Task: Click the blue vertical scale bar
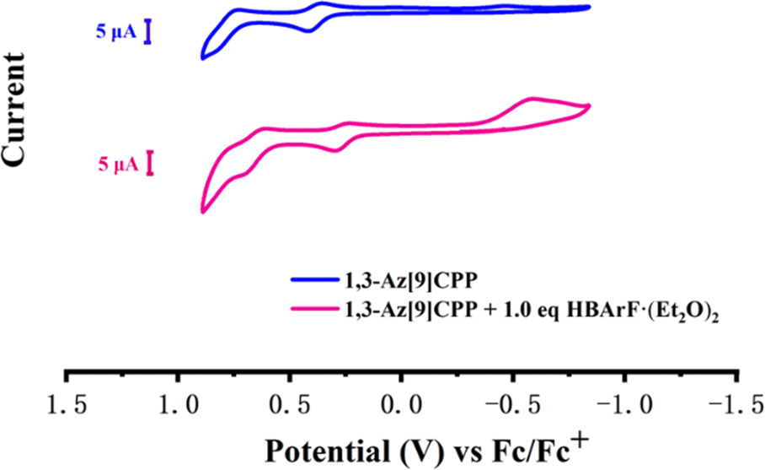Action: [x=148, y=32]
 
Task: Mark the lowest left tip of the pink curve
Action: [x=203, y=212]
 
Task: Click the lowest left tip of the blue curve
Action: [x=203, y=57]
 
